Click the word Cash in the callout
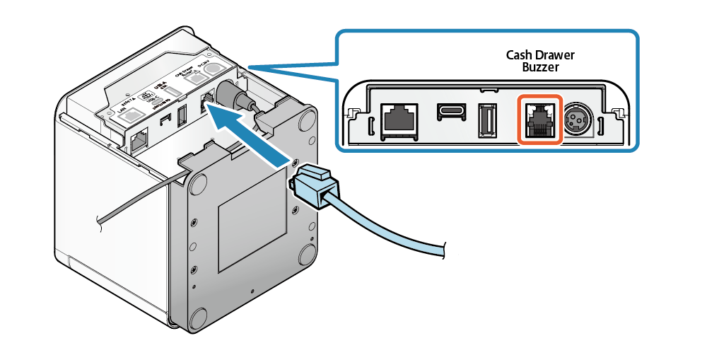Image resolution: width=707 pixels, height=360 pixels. (519, 55)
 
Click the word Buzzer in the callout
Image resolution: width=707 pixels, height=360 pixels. (540, 68)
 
